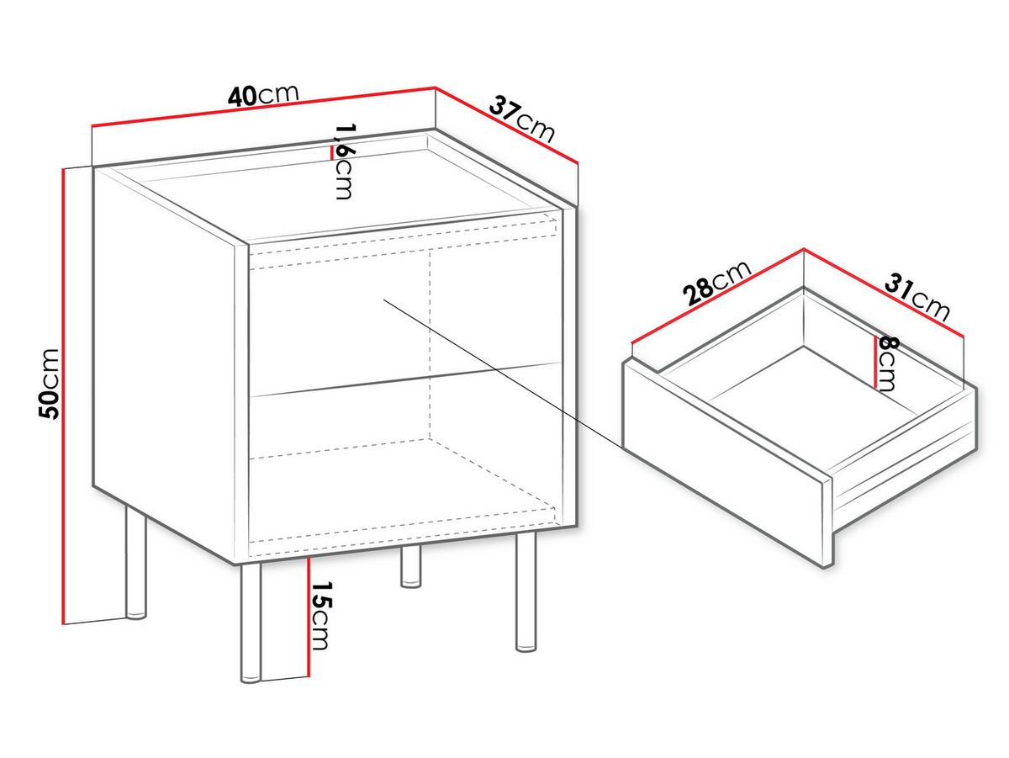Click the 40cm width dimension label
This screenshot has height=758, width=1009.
click(263, 95)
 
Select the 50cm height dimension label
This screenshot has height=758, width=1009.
click(49, 384)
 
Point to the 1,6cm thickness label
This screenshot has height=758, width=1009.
click(344, 161)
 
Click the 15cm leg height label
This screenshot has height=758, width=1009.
click(321, 616)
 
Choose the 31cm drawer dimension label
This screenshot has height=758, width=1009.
click(917, 297)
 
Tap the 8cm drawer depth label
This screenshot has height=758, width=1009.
click(888, 363)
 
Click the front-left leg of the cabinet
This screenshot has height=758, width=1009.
click(251, 623)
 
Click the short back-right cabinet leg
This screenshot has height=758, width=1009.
click(411, 567)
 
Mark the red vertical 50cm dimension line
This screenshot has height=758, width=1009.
click(62, 396)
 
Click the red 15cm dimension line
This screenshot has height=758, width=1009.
click(309, 618)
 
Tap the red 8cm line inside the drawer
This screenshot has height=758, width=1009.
click(875, 362)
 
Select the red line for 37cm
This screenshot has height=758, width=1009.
click(506, 125)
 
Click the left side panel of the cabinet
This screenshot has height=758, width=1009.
click(165, 363)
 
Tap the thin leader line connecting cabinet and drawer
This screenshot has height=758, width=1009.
click(504, 374)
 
